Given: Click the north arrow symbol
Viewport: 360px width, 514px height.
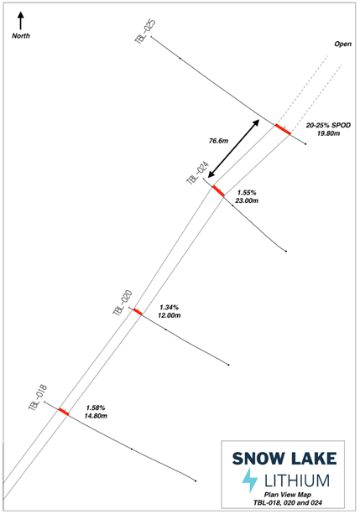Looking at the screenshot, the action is pyautogui.click(x=21, y=21).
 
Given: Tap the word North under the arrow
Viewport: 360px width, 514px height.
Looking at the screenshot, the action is pyautogui.click(x=21, y=36).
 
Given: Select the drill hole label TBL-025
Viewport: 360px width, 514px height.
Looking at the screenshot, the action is pyautogui.click(x=144, y=31).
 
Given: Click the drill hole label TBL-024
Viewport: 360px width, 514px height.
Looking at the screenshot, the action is pyautogui.click(x=197, y=173).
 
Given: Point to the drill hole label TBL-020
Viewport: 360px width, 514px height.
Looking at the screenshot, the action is pyautogui.click(x=122, y=303).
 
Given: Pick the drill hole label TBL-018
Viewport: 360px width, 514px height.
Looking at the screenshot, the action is pyautogui.click(x=38, y=397).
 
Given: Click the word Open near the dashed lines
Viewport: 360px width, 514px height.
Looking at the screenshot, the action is pyautogui.click(x=342, y=44).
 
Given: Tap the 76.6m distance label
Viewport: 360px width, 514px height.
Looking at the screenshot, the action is pyautogui.click(x=218, y=141).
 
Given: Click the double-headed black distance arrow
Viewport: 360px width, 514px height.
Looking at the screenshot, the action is pyautogui.click(x=234, y=148).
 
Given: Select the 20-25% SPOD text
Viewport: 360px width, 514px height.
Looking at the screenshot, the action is pyautogui.click(x=328, y=125).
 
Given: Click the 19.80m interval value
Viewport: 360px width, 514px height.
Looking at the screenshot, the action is pyautogui.click(x=328, y=133).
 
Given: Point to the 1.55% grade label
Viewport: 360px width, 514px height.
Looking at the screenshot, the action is pyautogui.click(x=247, y=192).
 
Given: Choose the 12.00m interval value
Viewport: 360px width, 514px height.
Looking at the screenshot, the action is pyautogui.click(x=169, y=315).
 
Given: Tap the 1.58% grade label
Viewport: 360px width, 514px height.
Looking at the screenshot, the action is pyautogui.click(x=96, y=408).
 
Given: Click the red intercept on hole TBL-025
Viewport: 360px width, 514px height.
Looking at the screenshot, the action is pyautogui.click(x=283, y=129).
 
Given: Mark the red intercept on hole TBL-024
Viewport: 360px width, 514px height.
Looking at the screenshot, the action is pyautogui.click(x=218, y=191).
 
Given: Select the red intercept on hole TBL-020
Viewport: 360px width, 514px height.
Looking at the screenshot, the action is pyautogui.click(x=138, y=312).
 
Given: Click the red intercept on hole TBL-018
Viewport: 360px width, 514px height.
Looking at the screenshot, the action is pyautogui.click(x=64, y=412).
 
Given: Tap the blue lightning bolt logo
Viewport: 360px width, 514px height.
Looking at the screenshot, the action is pyautogui.click(x=250, y=480).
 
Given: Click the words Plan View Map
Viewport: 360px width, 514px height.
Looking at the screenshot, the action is pyautogui.click(x=288, y=495).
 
